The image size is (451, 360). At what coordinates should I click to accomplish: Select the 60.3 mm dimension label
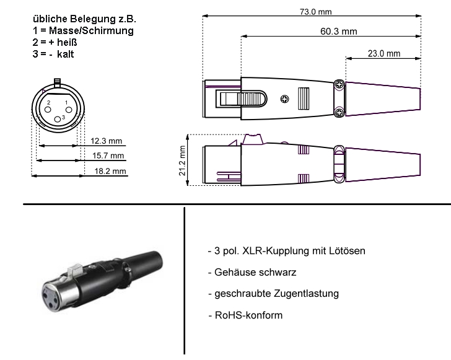click(x=339, y=31)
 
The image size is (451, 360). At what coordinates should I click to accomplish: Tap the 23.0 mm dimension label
click(x=384, y=54)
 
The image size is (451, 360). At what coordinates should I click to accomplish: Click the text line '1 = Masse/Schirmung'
click(x=82, y=30)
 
